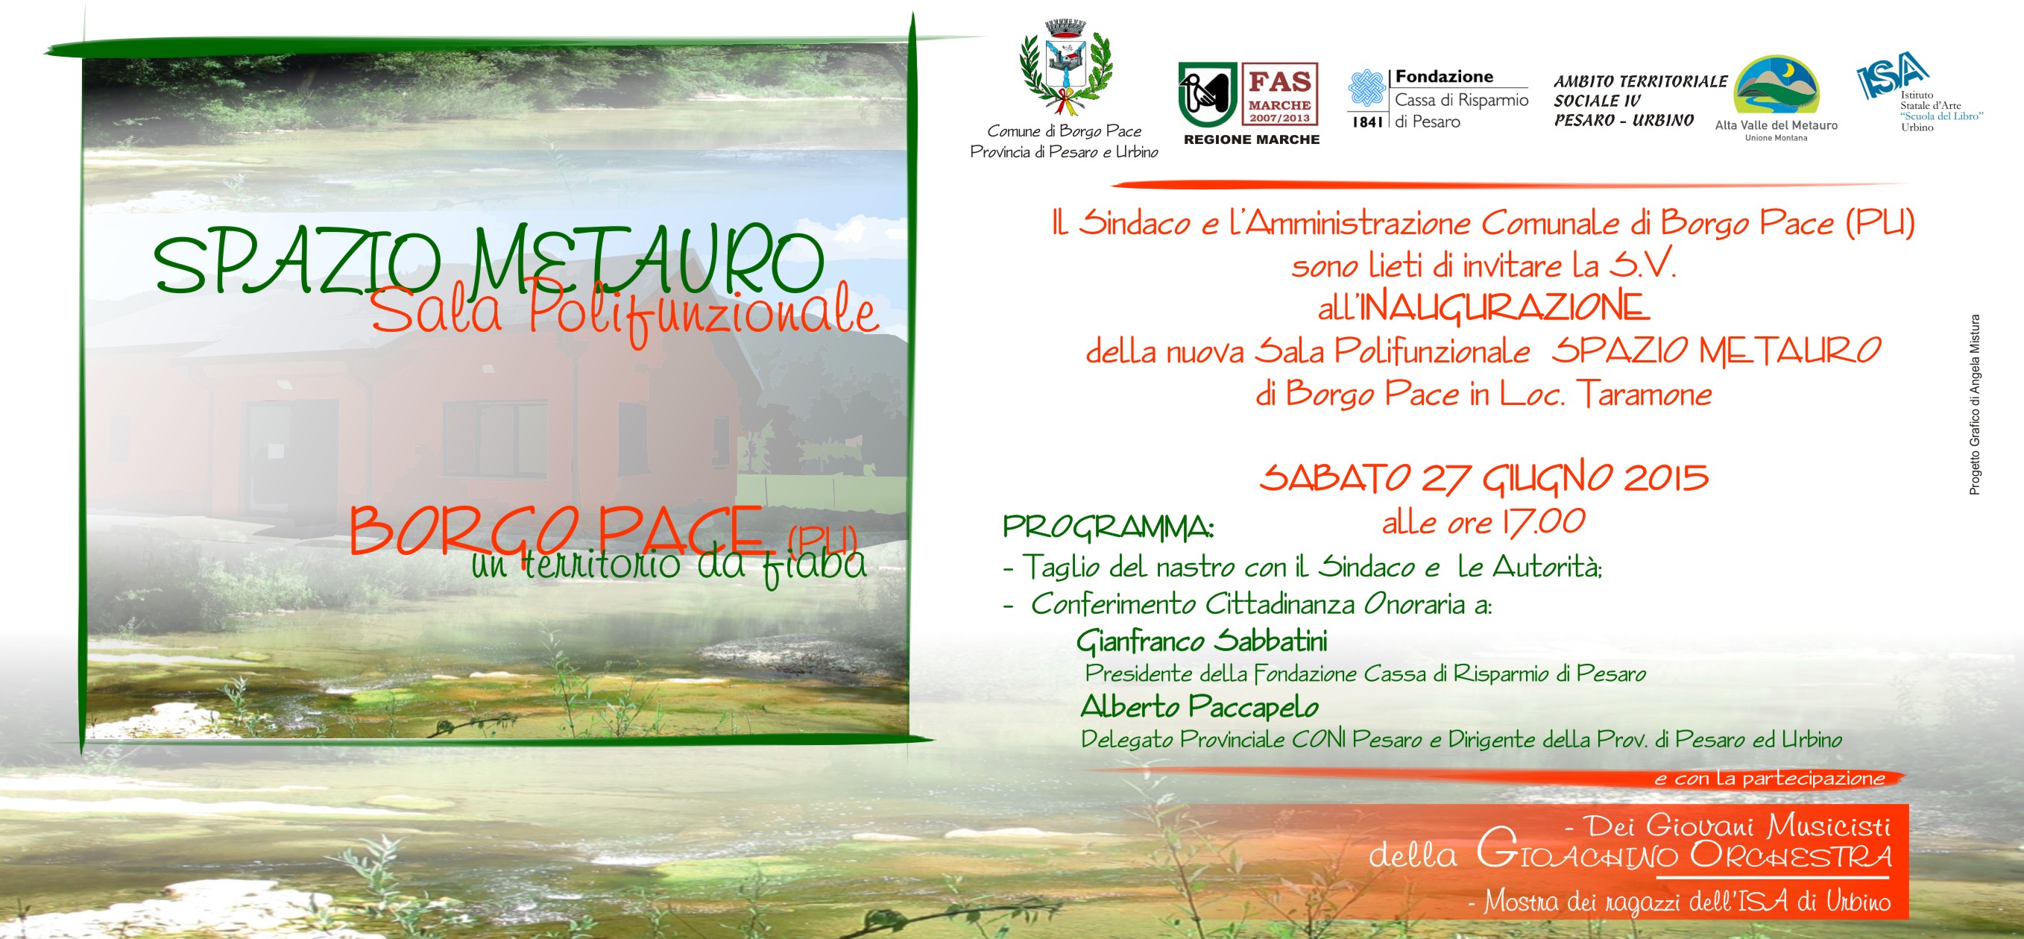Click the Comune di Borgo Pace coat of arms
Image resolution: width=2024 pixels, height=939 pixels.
tap(1065, 69)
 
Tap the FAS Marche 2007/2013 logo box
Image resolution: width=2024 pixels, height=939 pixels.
tap(1280, 94)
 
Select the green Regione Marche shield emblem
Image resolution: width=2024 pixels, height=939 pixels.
tap(1208, 95)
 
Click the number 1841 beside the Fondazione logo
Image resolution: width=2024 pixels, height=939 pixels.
tap(1366, 122)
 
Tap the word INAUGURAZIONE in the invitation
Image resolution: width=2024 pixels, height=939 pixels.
tap(1504, 307)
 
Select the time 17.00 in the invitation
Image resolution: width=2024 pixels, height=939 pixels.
tap(1543, 522)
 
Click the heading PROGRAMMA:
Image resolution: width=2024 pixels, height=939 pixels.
tap(1109, 527)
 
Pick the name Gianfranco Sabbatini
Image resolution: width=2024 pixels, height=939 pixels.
tap(1202, 641)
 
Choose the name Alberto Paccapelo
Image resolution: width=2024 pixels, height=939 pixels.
tap(1199, 707)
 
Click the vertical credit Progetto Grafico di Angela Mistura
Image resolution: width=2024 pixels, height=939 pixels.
tap(1975, 405)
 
